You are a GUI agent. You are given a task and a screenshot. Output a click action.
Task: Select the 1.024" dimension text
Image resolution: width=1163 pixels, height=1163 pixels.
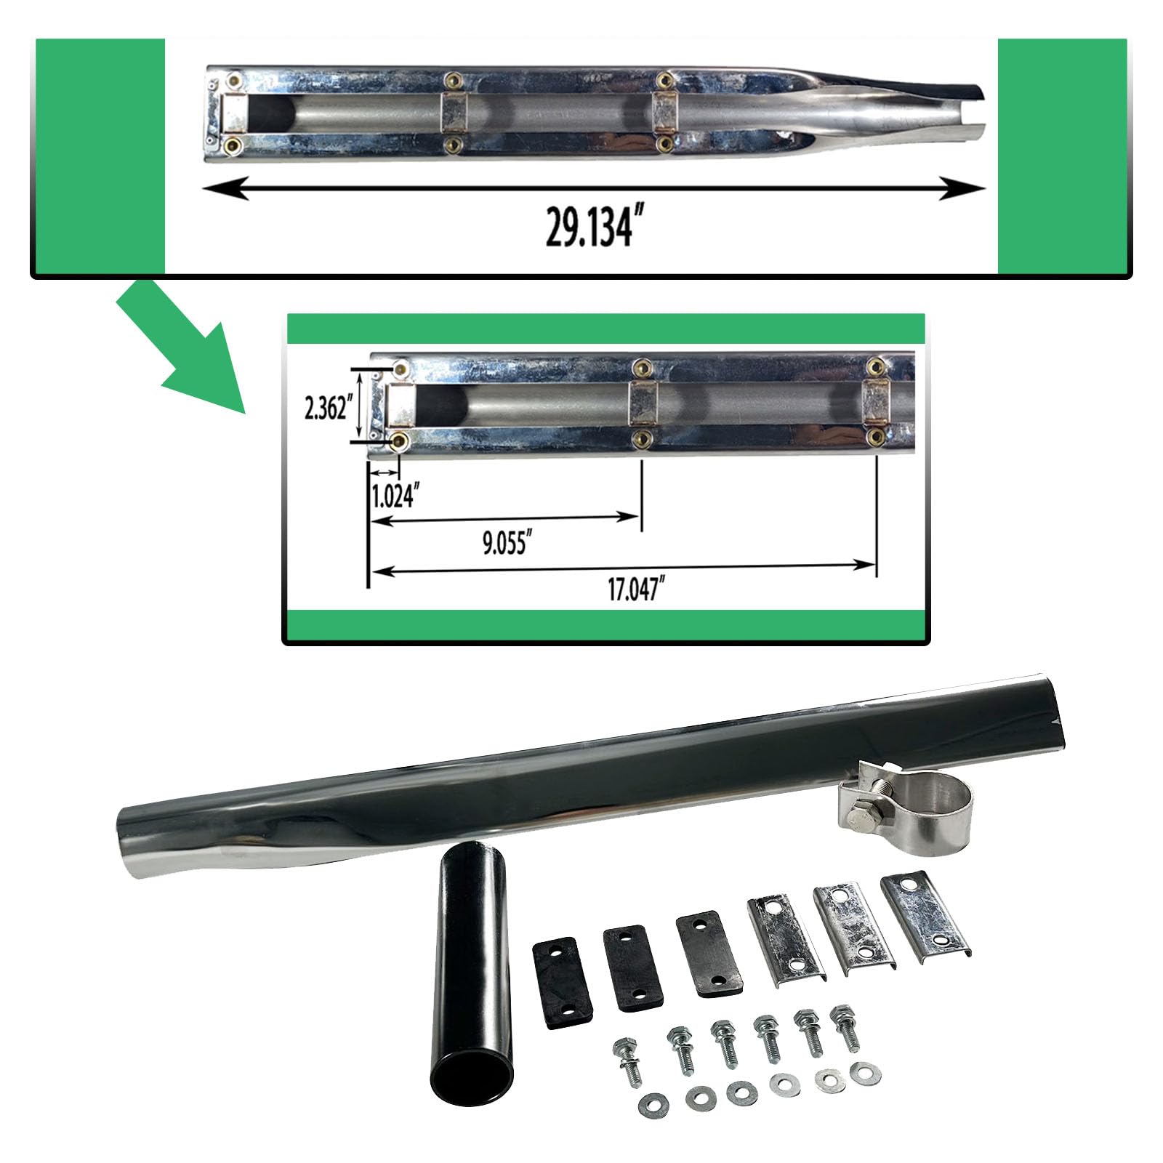(394, 497)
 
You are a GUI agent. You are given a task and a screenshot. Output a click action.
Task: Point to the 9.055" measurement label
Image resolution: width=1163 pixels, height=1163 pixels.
(504, 544)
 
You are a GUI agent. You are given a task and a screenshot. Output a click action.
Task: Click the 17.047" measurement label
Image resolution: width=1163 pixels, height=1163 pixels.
(637, 590)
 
